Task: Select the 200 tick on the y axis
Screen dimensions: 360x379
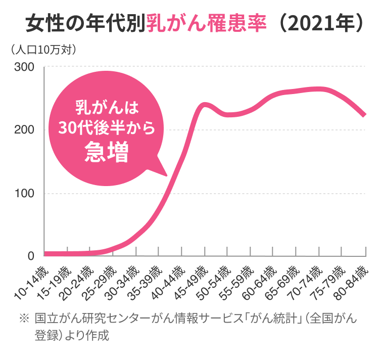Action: click(x=24, y=130)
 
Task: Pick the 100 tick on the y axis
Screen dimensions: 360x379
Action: click(x=24, y=193)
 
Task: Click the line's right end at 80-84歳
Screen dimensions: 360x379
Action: click(x=363, y=115)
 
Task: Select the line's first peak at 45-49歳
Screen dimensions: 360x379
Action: click(x=204, y=105)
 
